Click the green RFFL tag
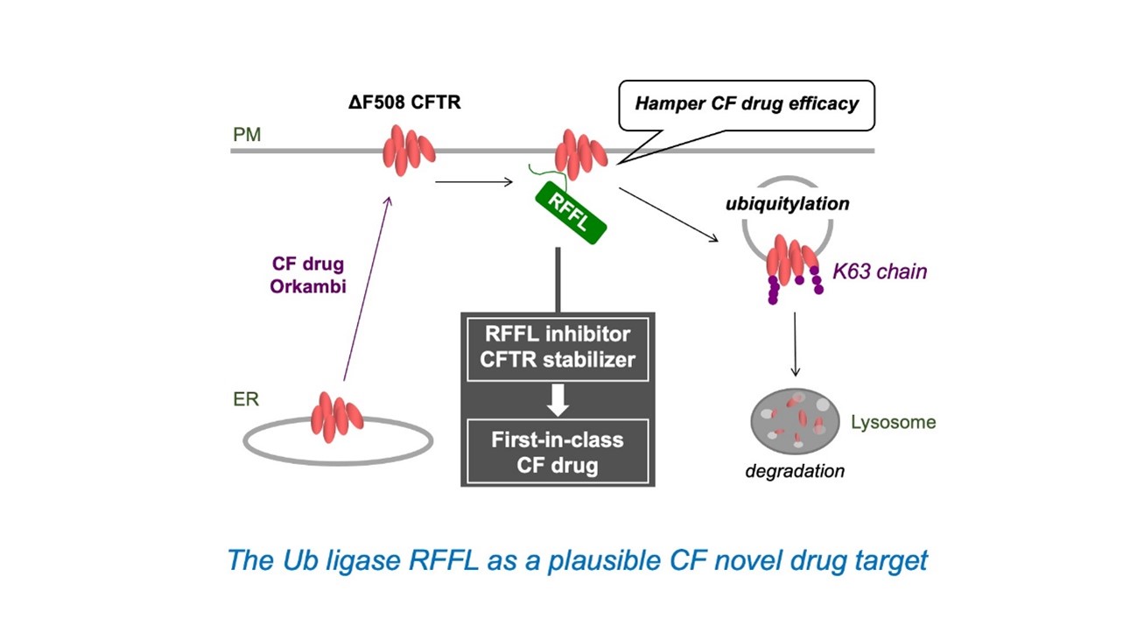571,213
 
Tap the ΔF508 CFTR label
404,102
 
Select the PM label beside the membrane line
247,135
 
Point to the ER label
246,399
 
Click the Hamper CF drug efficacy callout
747,104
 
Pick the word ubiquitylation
787,203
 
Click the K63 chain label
880,271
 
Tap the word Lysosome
894,422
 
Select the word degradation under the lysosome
795,471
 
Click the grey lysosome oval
795,421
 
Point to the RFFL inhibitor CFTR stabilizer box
558,349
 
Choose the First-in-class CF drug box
558,452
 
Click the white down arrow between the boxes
558,400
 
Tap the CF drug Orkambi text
308,275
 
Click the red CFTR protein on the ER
336,418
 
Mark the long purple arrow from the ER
367,288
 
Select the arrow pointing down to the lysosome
796,344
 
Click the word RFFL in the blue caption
444,560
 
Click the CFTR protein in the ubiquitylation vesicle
791,260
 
